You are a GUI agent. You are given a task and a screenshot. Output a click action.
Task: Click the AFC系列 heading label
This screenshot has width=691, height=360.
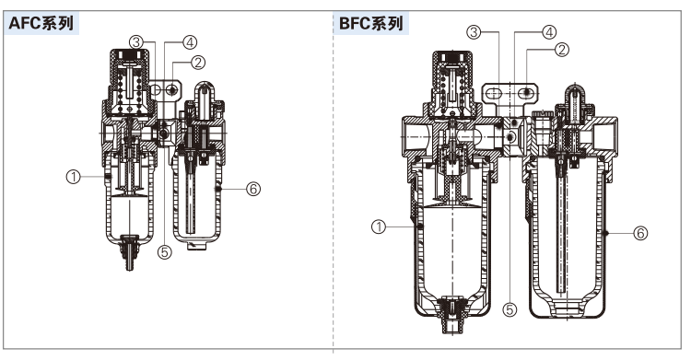click(41, 23)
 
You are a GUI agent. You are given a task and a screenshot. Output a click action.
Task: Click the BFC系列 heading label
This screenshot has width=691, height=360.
click(371, 23)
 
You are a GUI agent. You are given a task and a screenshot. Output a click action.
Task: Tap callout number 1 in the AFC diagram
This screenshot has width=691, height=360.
click(73, 177)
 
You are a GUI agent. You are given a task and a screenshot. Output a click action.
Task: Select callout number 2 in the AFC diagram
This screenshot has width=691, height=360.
click(198, 63)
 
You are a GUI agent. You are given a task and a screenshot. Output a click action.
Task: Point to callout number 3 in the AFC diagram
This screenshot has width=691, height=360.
click(136, 42)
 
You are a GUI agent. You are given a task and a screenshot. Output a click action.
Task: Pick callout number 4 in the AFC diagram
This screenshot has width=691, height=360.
click(190, 42)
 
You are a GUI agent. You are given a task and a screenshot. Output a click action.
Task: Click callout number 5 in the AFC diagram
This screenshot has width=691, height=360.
click(164, 252)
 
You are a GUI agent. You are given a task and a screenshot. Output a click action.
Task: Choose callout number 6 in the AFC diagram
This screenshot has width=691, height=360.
click(253, 189)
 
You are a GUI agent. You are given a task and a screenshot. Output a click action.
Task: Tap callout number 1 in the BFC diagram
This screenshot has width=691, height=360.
click(379, 226)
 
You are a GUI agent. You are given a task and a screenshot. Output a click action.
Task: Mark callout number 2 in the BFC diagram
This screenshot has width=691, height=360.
click(562, 50)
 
